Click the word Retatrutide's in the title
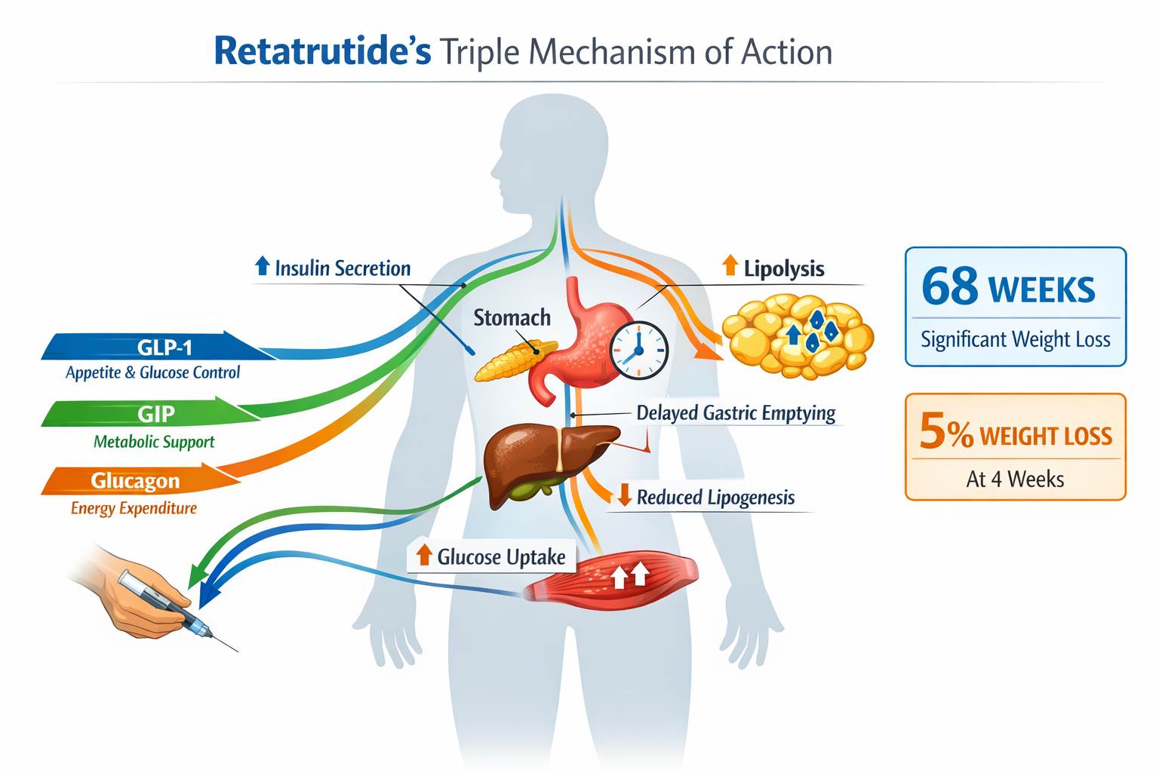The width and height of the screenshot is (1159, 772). pos(322,51)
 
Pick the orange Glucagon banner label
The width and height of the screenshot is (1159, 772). pos(135,480)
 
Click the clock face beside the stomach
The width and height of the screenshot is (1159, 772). pos(638,351)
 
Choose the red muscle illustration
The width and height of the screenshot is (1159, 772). pos(611,580)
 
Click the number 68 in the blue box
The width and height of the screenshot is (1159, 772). pos(949,287)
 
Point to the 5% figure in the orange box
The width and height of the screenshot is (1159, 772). pos(945,432)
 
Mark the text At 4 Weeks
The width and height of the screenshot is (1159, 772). pos(1015,479)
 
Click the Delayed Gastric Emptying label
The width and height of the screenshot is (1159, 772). pos(736,413)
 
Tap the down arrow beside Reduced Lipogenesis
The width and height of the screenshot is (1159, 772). pos(624,495)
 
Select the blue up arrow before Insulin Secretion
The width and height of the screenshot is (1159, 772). pos(262,265)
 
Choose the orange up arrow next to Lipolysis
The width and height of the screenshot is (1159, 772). pos(730,265)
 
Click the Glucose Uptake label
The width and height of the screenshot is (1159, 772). pos(501,557)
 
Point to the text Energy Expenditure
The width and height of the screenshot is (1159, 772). pos(134,508)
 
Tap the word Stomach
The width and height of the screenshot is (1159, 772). pos(512,317)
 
